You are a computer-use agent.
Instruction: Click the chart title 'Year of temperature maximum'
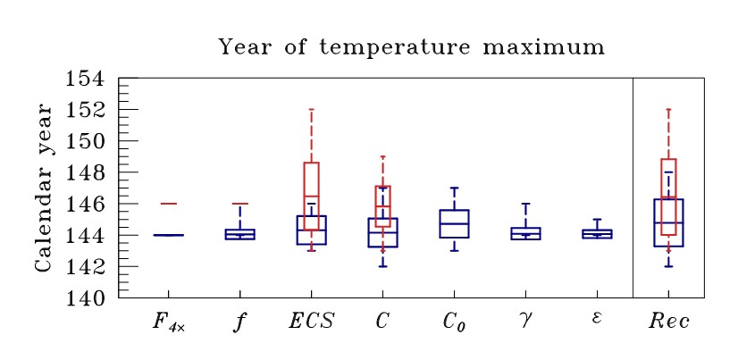point(412,46)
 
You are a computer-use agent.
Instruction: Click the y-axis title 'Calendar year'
point(42,188)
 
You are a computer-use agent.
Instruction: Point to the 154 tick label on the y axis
point(87,79)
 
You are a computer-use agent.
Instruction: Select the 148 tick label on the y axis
point(87,172)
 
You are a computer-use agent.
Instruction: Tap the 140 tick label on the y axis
point(87,297)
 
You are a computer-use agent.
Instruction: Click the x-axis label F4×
point(168,322)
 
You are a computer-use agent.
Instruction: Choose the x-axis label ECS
point(310,321)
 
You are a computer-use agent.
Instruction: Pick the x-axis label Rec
point(668,321)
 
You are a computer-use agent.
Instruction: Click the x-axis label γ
point(525,320)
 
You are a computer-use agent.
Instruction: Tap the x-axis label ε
point(597,319)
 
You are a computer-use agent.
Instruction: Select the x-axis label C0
point(454,322)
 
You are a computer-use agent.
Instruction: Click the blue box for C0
point(454,223)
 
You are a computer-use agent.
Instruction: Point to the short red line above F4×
point(168,204)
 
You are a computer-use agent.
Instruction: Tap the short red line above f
point(239,204)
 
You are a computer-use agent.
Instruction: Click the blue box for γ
point(525,233)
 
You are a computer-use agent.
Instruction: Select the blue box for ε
point(597,234)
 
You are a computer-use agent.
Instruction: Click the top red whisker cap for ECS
point(311,110)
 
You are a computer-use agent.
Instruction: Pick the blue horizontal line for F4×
point(168,235)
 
